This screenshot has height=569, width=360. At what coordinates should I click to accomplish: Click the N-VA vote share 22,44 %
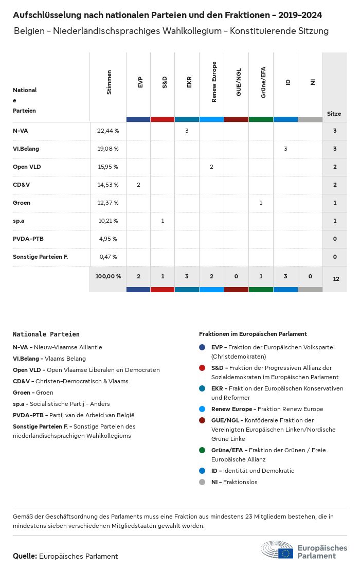click(108, 131)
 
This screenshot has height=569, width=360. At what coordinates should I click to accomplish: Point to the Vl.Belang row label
click(26, 149)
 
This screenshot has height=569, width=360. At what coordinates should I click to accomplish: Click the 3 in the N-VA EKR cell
click(187, 131)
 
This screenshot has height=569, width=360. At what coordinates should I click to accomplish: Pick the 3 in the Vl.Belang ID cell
click(285, 149)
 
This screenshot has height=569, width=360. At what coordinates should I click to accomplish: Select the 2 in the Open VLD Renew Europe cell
click(211, 167)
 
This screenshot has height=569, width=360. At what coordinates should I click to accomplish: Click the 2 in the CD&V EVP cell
click(138, 185)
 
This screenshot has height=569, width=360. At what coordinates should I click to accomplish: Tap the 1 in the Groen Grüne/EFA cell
click(261, 203)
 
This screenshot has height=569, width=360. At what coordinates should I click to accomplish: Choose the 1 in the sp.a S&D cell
click(163, 221)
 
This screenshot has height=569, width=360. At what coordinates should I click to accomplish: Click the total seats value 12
click(336, 279)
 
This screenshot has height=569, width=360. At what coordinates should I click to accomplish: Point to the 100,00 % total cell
click(108, 276)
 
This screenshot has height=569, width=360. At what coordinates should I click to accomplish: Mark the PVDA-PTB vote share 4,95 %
click(108, 239)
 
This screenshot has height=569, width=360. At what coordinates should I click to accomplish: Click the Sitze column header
click(334, 114)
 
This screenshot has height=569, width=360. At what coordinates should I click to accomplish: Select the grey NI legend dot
click(202, 482)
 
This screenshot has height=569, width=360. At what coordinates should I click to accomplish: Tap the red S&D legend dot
click(202, 368)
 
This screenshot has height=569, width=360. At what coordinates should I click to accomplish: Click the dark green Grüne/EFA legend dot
click(202, 450)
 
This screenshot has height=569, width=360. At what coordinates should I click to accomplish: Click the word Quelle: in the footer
click(25, 556)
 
